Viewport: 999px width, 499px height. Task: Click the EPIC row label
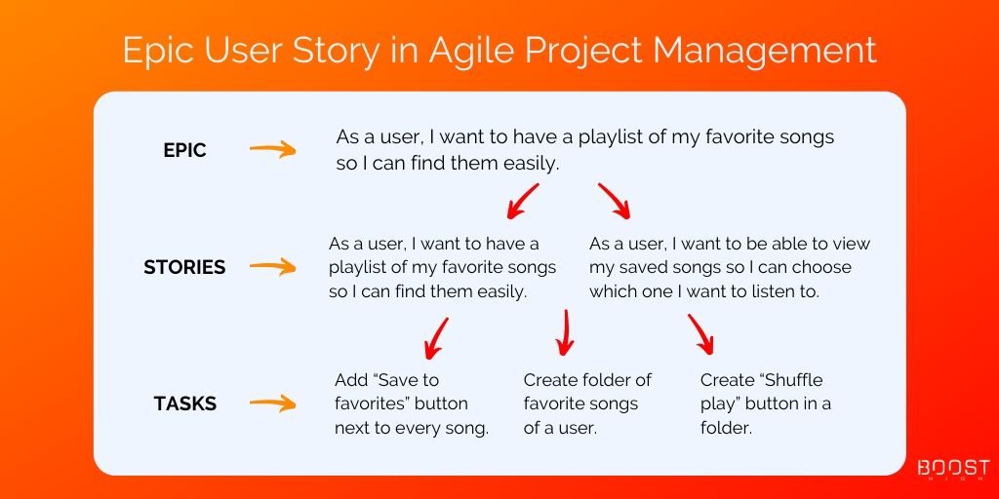click(x=184, y=150)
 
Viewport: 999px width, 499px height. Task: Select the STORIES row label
click(x=184, y=267)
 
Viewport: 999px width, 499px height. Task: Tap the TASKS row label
click(x=184, y=403)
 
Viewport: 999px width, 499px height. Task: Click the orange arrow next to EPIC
click(x=273, y=150)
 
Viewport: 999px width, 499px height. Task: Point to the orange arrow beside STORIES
click(x=273, y=267)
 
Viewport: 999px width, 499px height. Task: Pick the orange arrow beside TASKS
click(x=273, y=403)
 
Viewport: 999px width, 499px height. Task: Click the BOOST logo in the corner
click(x=953, y=470)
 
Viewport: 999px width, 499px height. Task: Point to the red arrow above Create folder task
click(x=565, y=332)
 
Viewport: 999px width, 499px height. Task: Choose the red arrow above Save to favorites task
click(x=436, y=338)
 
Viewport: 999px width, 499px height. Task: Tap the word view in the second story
click(x=850, y=244)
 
